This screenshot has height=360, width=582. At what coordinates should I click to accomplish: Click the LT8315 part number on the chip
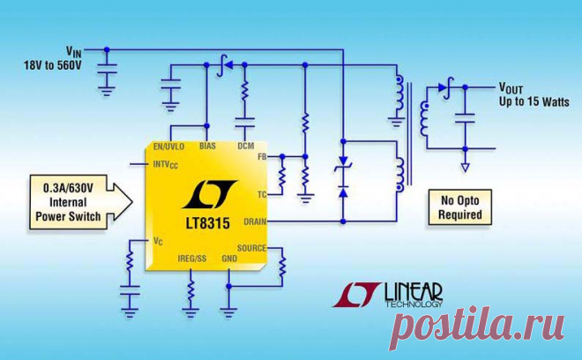click(208, 224)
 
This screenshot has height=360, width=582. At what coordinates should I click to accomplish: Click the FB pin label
click(261, 156)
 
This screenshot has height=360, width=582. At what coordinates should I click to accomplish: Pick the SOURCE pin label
click(251, 249)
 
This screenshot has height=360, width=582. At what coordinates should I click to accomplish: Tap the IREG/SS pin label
click(191, 259)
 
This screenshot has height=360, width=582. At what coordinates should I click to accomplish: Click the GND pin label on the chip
click(228, 259)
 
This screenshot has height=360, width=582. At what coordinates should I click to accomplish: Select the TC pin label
click(262, 193)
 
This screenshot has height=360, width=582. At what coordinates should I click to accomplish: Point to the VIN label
click(75, 50)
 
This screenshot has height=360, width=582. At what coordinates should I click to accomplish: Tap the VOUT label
click(516, 88)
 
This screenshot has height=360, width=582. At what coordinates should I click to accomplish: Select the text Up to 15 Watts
click(533, 102)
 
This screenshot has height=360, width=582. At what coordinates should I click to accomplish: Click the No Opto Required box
click(460, 207)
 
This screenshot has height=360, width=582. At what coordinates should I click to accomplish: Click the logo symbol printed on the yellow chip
click(207, 193)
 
